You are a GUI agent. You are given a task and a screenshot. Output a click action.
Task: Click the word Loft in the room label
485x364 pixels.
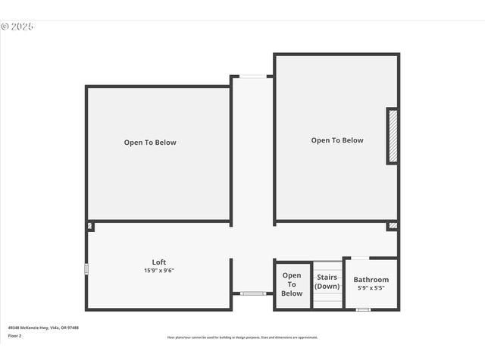coord(159,262)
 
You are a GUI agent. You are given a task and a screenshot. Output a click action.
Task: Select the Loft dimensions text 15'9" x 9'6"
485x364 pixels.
coord(159,271)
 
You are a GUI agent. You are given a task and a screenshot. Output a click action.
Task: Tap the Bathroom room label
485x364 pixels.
coord(371,280)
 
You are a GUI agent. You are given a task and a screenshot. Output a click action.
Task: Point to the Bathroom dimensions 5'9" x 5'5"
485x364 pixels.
coord(371,288)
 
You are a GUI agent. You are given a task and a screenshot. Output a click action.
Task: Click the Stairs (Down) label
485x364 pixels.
coord(327,281)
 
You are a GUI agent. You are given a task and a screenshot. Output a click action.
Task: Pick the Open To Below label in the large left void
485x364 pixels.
coord(150,143)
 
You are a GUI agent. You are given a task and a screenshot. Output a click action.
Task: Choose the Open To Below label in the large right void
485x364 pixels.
coord(337,140)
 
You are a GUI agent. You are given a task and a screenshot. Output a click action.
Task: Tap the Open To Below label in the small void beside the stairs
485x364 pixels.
coord(292,284)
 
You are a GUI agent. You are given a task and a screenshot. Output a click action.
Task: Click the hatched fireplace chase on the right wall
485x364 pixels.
coord(393,136)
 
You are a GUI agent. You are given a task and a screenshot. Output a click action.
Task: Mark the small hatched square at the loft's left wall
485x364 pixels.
coord(90,226)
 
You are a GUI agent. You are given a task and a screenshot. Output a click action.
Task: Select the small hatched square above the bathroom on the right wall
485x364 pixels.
coord(392,226)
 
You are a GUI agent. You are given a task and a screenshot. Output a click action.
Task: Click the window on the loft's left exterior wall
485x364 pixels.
coord(86,268)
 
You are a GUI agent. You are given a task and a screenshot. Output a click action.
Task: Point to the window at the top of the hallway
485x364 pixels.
coord(253,76)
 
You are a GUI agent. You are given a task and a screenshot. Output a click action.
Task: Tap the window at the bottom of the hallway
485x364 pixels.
coord(253,293)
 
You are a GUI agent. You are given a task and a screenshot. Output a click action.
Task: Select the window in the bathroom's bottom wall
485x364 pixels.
coord(363,309)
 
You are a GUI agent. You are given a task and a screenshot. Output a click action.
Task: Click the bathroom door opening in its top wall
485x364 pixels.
coord(361,259)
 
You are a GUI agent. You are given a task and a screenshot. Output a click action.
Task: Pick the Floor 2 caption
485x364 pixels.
coord(15,335)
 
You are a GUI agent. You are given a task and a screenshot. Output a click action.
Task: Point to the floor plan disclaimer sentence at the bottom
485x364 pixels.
coord(242,337)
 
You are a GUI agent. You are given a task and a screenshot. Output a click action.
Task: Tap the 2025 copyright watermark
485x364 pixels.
coord(17,26)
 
